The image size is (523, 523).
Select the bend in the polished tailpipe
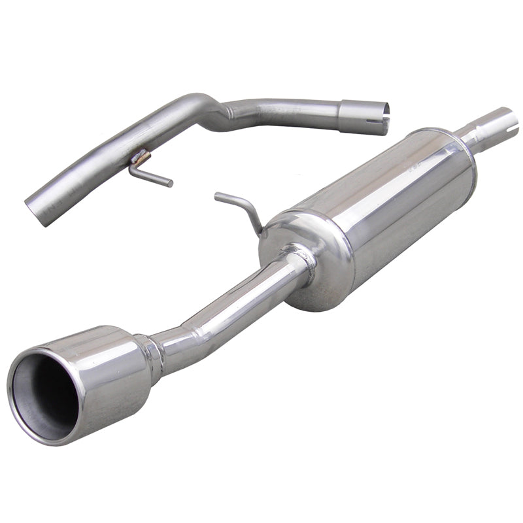[x=196, y=320]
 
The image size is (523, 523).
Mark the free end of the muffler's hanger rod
[x=217, y=194]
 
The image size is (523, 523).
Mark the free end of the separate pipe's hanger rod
[x=171, y=184]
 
